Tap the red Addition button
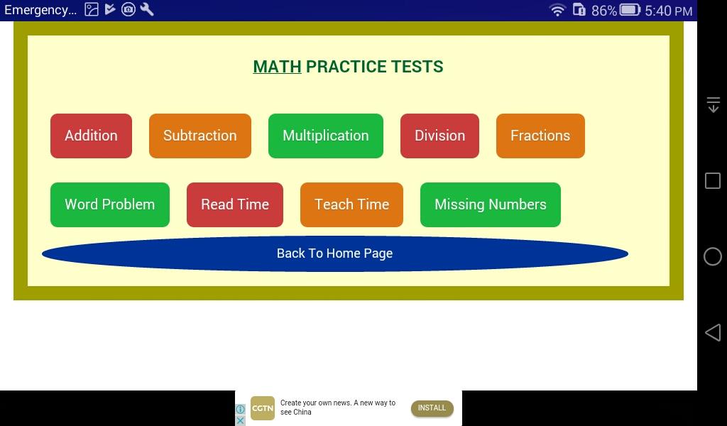(91, 136)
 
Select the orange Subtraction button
(199, 136)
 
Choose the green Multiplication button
(325, 136)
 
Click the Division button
(439, 136)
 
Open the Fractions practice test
(540, 136)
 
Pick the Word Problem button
(110, 204)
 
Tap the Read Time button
(234, 204)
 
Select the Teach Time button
(351, 204)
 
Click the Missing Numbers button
(490, 204)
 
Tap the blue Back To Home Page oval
(335, 253)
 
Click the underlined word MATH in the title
(277, 67)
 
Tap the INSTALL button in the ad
(432, 408)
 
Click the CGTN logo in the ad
(263, 408)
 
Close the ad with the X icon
(240, 420)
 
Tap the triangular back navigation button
(713, 332)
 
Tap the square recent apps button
(713, 180)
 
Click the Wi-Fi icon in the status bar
(557, 10)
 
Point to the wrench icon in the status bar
(146, 9)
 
